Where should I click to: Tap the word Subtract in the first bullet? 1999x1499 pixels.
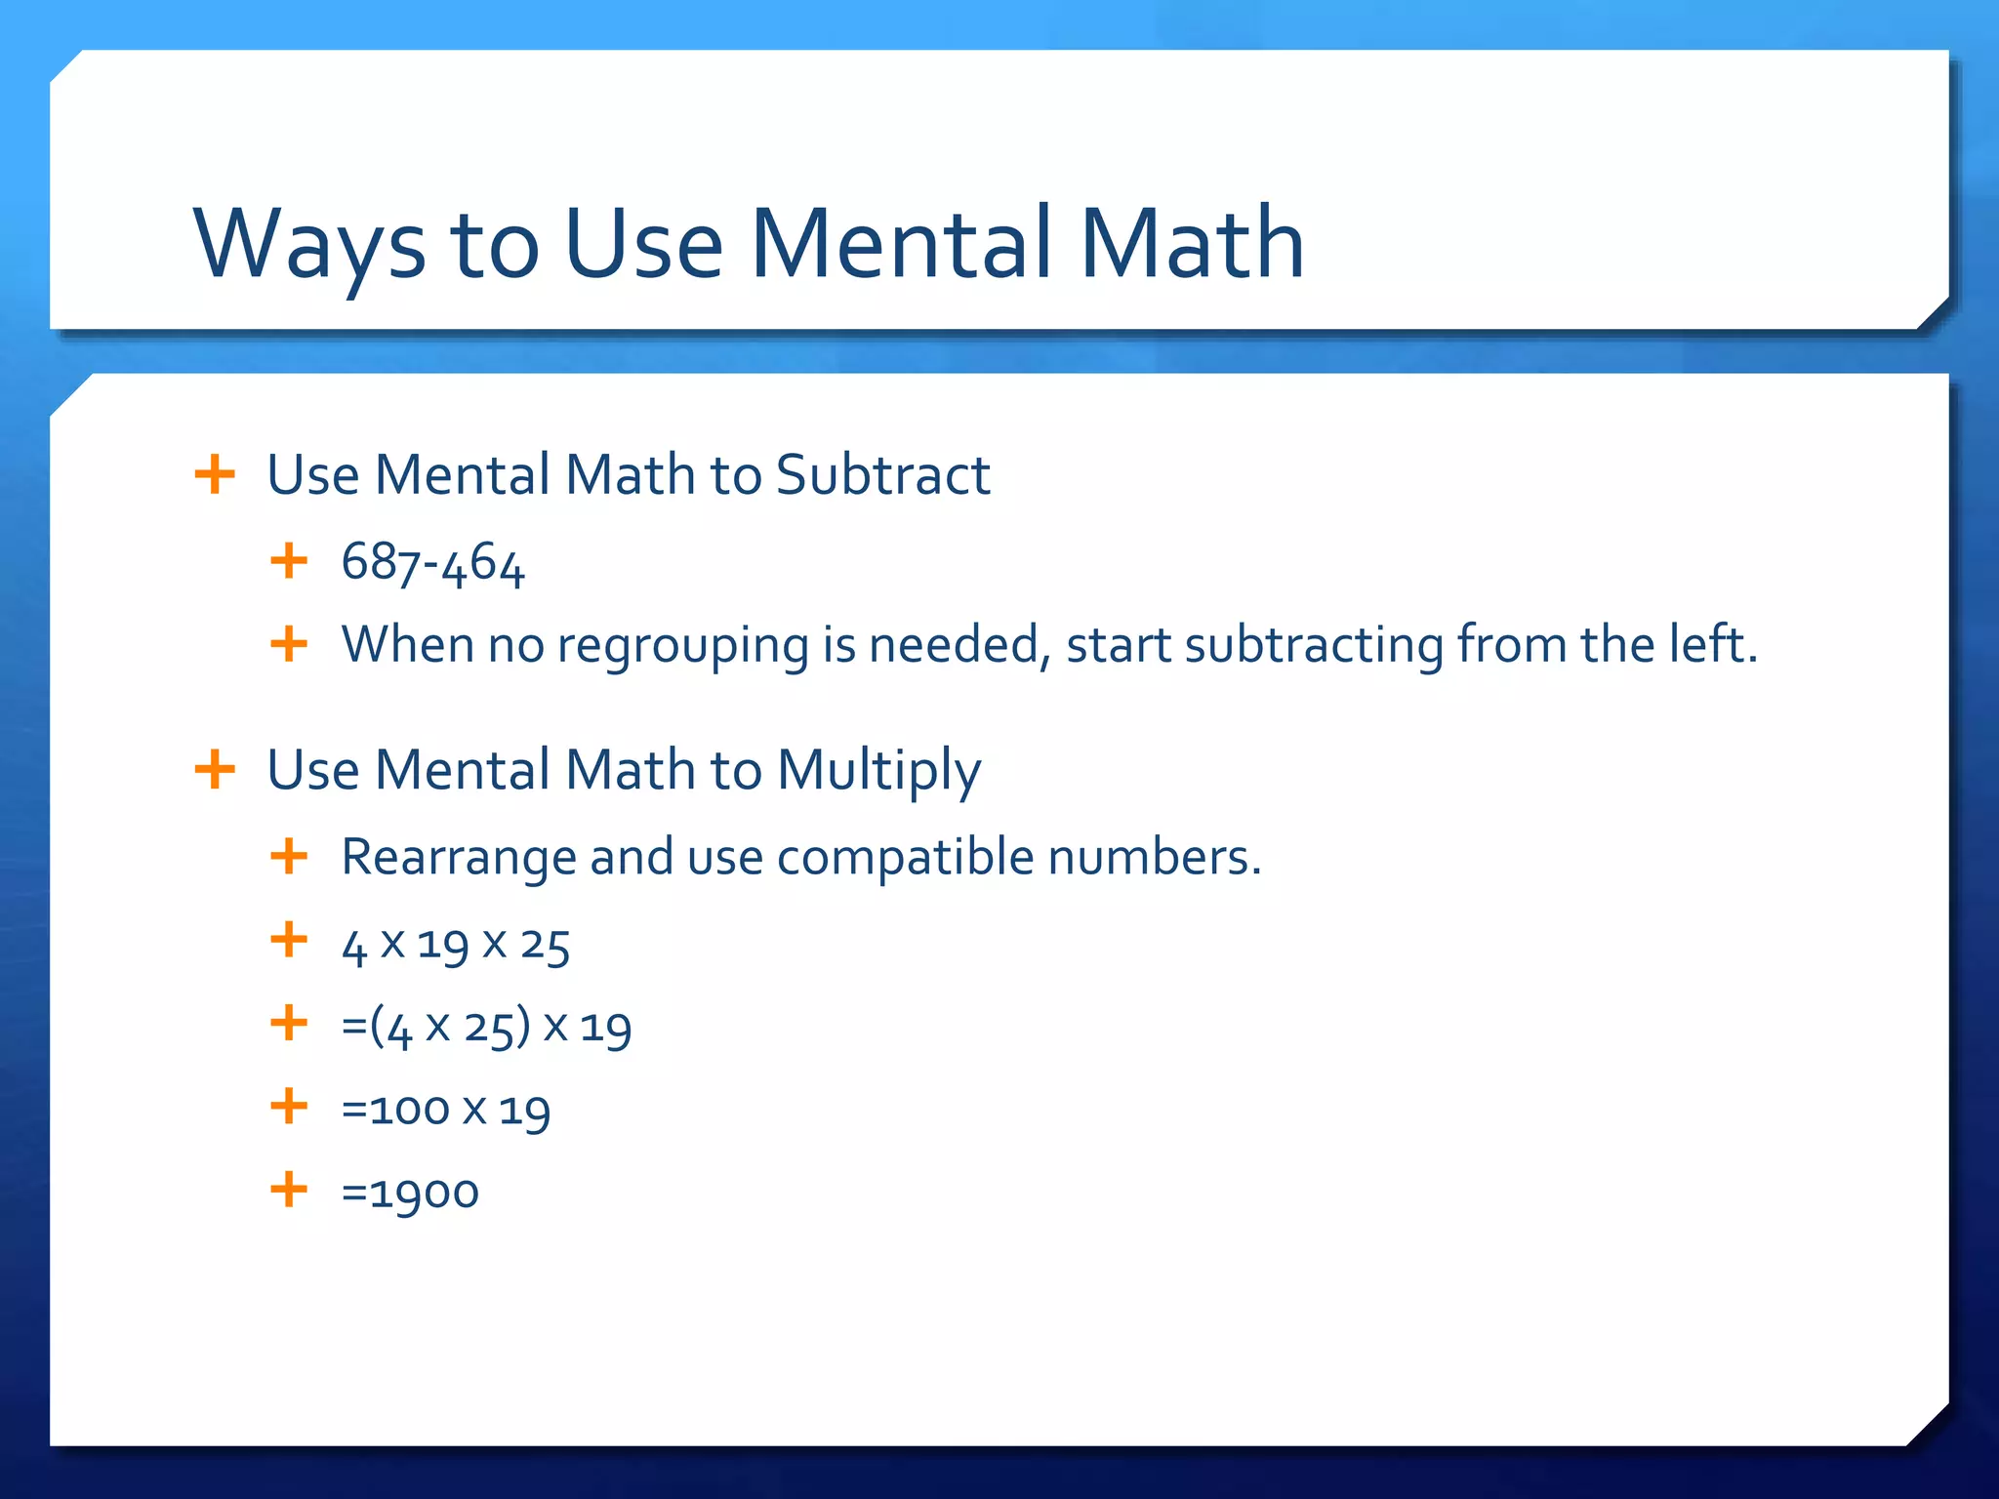coord(882,475)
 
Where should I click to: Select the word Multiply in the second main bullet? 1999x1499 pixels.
coord(878,770)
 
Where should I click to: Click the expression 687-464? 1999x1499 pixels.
coord(433,563)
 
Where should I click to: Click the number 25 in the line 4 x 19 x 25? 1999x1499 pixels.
coord(545,945)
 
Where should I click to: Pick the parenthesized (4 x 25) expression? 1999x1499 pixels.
coord(450,1028)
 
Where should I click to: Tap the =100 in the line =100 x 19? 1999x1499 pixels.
coord(395,1110)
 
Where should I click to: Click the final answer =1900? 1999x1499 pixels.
coord(410,1193)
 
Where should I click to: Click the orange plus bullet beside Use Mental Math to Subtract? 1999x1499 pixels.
coord(215,475)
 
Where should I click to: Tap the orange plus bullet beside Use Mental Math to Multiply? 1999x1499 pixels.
coord(215,770)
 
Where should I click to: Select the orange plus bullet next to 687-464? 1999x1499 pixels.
coord(289,561)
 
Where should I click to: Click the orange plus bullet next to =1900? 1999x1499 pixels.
coord(289,1190)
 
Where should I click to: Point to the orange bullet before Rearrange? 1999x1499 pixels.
coord(289,857)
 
